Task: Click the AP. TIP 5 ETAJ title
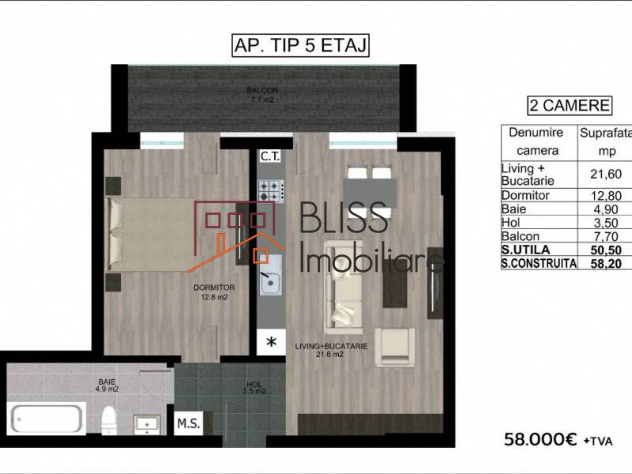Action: [x=300, y=46]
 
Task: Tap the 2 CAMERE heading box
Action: [x=568, y=105]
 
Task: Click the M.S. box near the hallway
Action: [x=189, y=423]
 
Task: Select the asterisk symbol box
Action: [x=271, y=342]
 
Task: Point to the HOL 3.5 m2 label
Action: [x=254, y=387]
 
